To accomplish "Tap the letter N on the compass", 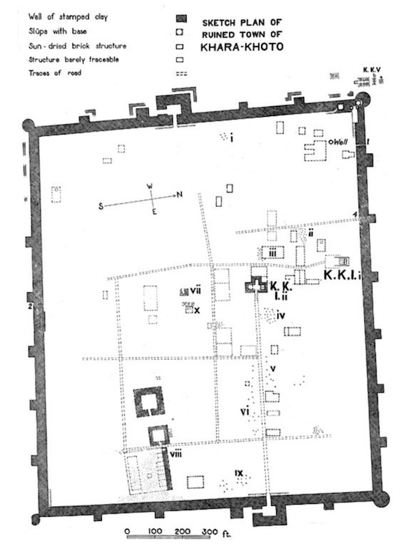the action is (179, 195).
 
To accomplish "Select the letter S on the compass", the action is (100, 206).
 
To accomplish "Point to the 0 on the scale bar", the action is (127, 531).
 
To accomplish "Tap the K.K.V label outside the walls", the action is (371, 70).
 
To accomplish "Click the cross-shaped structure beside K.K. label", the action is (256, 286).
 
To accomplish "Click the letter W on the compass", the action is (151, 186).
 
